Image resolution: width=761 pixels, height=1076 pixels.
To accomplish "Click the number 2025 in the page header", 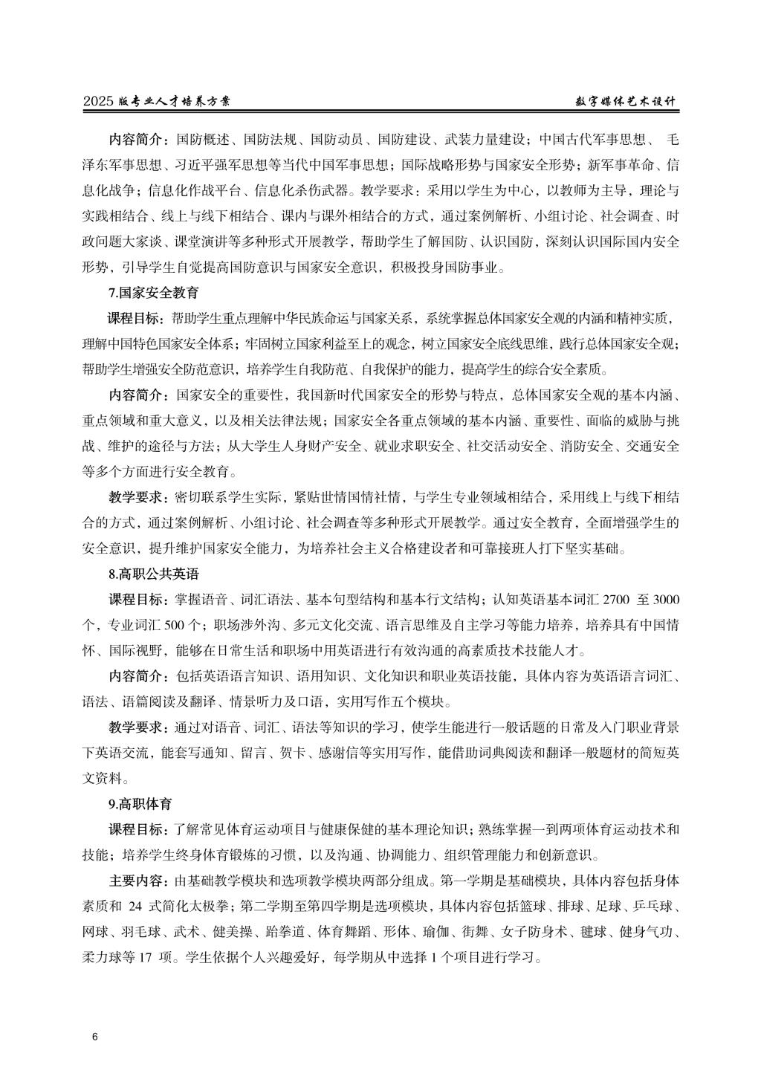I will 99,103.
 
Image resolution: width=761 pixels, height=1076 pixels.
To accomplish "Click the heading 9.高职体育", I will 140,804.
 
